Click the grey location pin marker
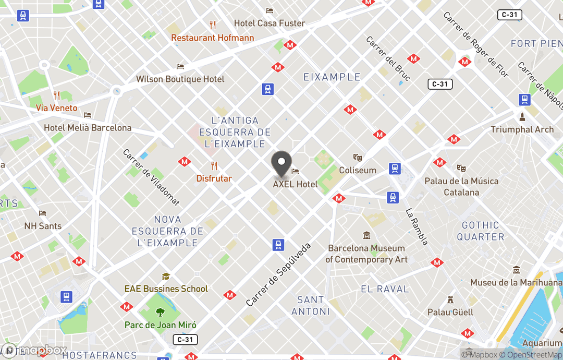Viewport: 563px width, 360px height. click(x=282, y=163)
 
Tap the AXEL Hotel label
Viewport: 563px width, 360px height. click(x=295, y=184)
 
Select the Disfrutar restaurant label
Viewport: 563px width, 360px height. click(x=214, y=178)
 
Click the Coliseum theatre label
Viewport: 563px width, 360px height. click(x=358, y=170)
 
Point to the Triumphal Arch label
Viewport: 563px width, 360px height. click(x=522, y=129)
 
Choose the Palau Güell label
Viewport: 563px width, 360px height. click(x=450, y=312)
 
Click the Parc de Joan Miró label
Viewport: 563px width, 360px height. click(x=161, y=325)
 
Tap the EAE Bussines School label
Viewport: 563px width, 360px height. click(x=166, y=289)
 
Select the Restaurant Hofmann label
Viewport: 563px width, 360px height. click(x=213, y=38)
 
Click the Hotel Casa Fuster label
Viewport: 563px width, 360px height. click(x=270, y=23)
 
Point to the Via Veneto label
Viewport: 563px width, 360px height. click(x=57, y=108)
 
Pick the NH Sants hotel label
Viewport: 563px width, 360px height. click(x=43, y=226)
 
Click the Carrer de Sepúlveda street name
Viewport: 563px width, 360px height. click(x=278, y=274)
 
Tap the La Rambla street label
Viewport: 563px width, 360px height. click(x=417, y=227)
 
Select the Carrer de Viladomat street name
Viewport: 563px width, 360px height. click(x=151, y=177)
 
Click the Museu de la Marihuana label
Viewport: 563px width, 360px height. click(x=516, y=282)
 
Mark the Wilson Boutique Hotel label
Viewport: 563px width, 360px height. click(x=180, y=79)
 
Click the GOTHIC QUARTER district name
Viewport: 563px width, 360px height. click(x=480, y=231)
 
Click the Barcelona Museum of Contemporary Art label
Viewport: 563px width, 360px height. click(x=366, y=254)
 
